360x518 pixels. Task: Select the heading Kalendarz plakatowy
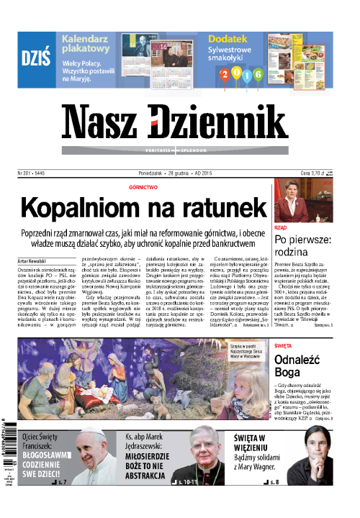(x=93, y=45)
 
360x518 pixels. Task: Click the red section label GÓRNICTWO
(x=143, y=186)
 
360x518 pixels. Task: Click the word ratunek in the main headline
(x=215, y=208)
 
